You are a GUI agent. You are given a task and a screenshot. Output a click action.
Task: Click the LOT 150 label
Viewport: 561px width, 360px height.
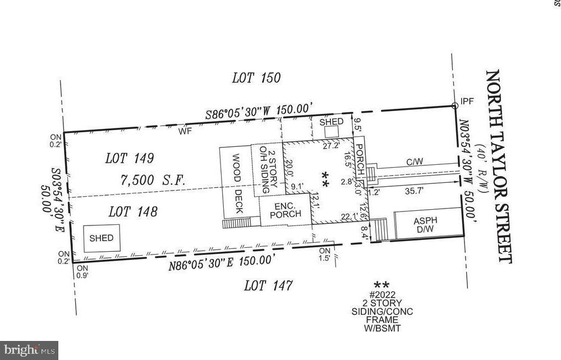tap(256, 78)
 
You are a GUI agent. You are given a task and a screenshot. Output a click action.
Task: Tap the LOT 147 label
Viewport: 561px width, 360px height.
tap(268, 286)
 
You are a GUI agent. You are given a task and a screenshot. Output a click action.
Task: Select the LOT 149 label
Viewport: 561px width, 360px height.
tap(130, 159)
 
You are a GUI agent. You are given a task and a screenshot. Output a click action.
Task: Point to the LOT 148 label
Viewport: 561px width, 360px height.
tap(132, 212)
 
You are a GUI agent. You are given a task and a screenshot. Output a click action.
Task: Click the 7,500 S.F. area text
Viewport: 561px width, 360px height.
tap(153, 181)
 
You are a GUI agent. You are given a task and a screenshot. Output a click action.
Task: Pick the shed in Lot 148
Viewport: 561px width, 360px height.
tap(101, 238)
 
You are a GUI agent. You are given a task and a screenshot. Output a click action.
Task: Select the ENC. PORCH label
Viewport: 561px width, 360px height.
tap(284, 210)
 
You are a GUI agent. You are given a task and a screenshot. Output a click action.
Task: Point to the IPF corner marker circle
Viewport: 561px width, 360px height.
tap(455, 105)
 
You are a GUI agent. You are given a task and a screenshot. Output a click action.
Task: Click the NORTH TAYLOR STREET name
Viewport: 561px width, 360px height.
tap(499, 166)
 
